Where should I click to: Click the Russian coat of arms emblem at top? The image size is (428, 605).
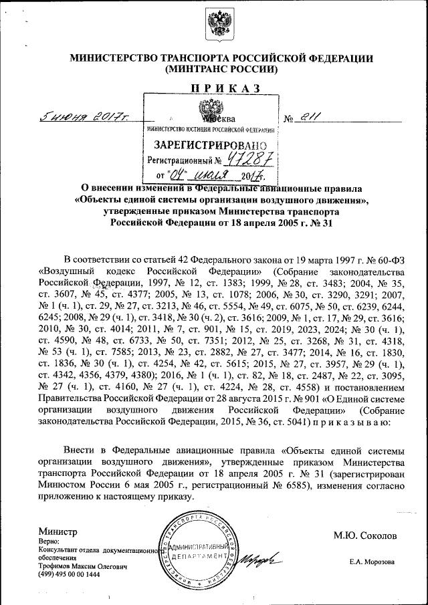213,25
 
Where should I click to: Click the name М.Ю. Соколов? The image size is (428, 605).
365,535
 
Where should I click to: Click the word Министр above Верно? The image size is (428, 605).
58,531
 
